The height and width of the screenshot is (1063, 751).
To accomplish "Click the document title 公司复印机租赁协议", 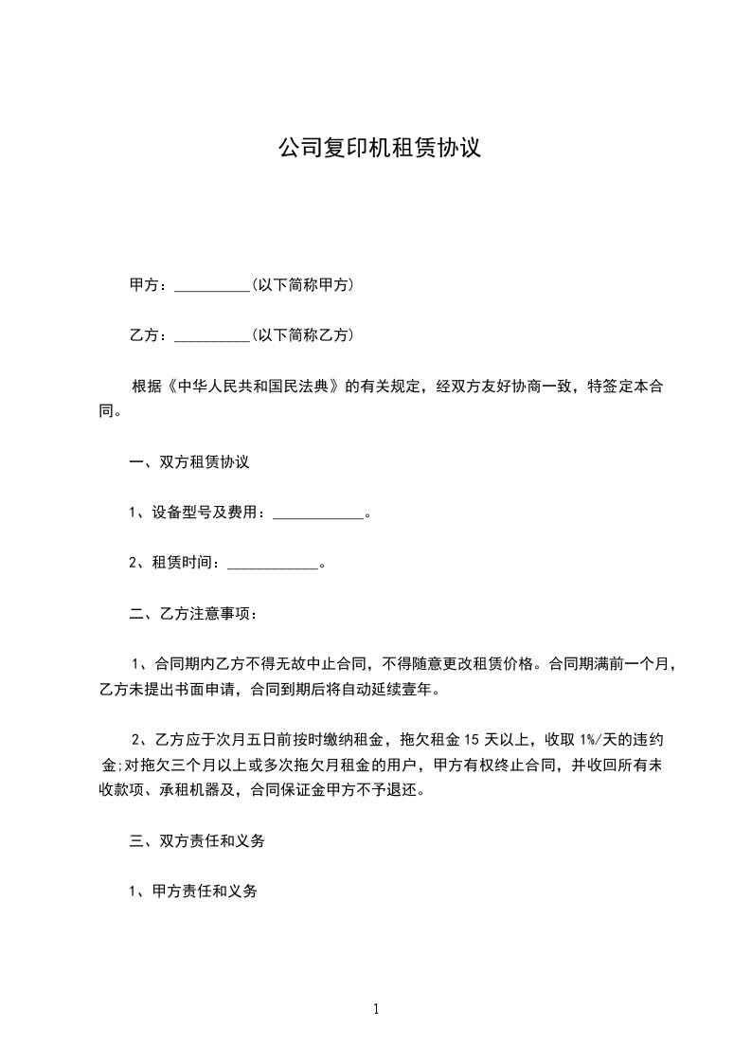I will (379, 149).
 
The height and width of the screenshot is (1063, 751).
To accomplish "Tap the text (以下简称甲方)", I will (302, 284).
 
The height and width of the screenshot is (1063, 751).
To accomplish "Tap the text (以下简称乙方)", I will (302, 334).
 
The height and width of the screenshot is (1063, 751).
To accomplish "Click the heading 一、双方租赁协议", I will (189, 462).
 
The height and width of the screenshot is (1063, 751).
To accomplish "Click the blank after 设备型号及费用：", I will (318, 514).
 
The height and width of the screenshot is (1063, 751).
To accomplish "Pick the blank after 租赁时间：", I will (274, 565).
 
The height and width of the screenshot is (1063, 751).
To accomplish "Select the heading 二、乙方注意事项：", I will (193, 613).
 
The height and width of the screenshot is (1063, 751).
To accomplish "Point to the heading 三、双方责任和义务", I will (197, 840).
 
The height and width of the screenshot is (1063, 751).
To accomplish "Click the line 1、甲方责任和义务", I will (193, 892).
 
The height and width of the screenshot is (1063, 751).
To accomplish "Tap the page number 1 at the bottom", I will (376, 1009).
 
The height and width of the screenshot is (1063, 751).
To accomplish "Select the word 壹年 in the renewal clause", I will (423, 690).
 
